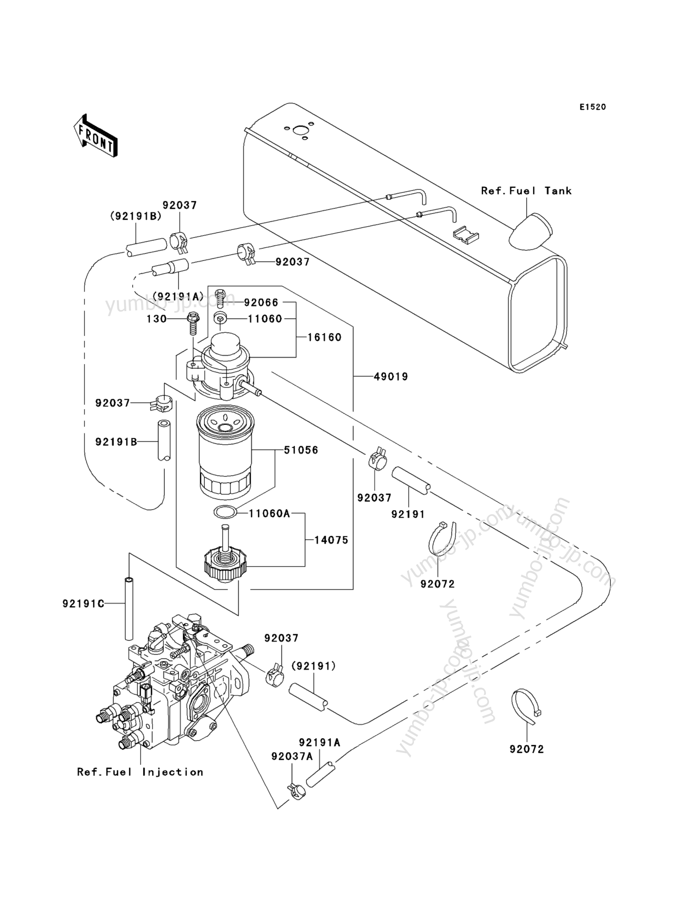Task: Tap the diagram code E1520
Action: click(593, 107)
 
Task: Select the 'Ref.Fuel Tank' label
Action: click(526, 191)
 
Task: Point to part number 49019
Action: click(391, 376)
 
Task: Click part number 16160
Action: click(325, 337)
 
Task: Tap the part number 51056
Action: click(301, 450)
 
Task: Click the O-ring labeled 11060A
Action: click(225, 513)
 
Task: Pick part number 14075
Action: click(331, 540)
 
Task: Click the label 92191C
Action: click(84, 604)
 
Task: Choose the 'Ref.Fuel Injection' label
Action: click(140, 772)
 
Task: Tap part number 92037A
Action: click(292, 756)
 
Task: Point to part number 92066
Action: click(261, 303)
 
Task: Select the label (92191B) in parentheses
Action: click(136, 216)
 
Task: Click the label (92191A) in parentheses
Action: click(178, 296)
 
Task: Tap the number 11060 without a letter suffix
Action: click(265, 319)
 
